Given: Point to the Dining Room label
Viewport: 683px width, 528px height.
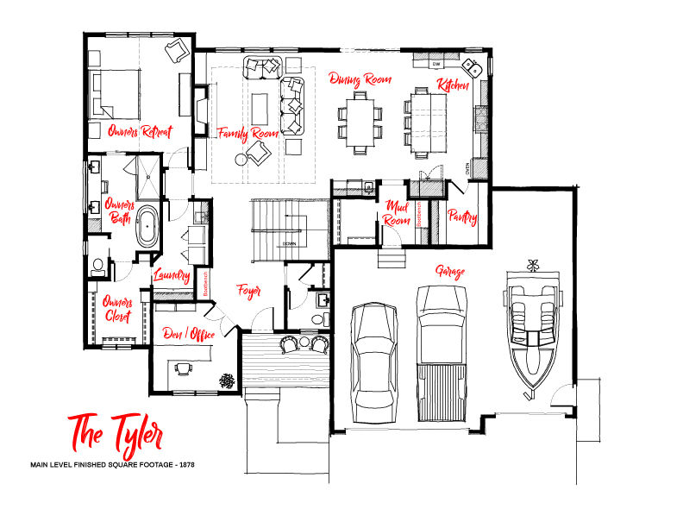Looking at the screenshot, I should coord(360,79).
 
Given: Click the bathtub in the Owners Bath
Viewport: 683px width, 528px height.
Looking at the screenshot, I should coord(148,226).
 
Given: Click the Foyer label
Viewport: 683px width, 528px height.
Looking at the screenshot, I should coord(249,291).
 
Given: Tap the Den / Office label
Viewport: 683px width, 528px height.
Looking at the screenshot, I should coord(191,332).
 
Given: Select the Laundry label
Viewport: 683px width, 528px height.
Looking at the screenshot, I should coord(171,275).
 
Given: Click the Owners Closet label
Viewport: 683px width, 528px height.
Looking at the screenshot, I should coord(116,309).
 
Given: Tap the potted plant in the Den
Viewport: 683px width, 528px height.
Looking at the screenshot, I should coord(227,378).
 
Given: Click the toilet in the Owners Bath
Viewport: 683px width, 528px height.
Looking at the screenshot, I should coord(98,265).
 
